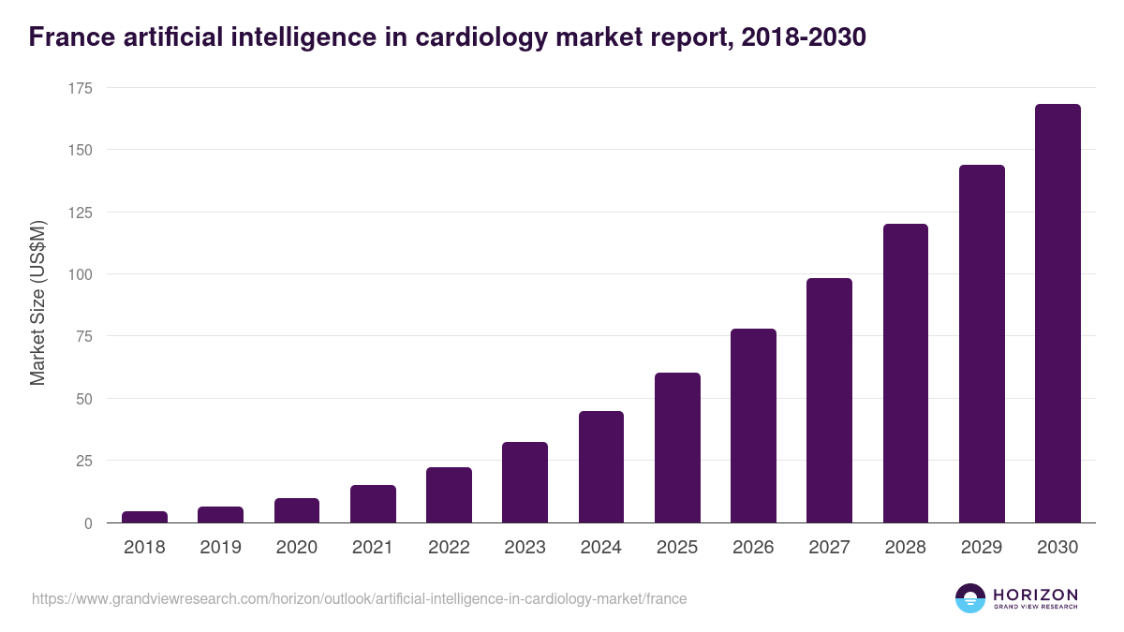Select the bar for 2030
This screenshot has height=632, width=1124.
point(1057,314)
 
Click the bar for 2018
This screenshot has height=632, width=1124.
point(144,517)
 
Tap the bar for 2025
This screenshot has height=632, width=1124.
point(677,448)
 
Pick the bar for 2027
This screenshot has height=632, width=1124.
point(829,401)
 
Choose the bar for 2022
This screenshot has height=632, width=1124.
point(449,494)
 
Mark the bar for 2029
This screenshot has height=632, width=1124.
point(982,344)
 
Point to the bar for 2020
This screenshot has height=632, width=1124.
point(297,510)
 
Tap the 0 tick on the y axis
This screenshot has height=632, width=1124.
point(88,523)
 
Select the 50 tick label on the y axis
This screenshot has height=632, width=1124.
point(84,399)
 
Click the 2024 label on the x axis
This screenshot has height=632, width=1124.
point(600,548)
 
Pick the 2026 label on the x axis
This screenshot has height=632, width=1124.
point(753,548)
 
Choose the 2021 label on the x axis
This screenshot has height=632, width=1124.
point(373,548)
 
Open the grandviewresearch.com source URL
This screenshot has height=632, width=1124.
point(359,599)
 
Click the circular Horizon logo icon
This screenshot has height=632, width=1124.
point(970,598)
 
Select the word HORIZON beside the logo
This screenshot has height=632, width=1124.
point(1036,594)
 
